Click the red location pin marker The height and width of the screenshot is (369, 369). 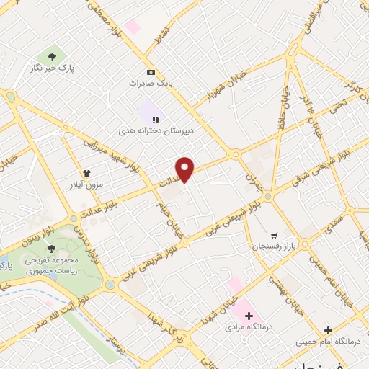click(x=185, y=169)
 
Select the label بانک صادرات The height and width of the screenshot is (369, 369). click(x=153, y=83)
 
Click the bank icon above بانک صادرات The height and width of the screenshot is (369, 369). click(x=151, y=72)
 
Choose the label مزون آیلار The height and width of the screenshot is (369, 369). click(x=86, y=184)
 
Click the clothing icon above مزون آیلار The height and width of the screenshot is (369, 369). click(x=86, y=174)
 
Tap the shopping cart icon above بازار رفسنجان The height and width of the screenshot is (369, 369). click(x=274, y=236)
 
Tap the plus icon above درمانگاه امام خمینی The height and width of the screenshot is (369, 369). click(x=329, y=330)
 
